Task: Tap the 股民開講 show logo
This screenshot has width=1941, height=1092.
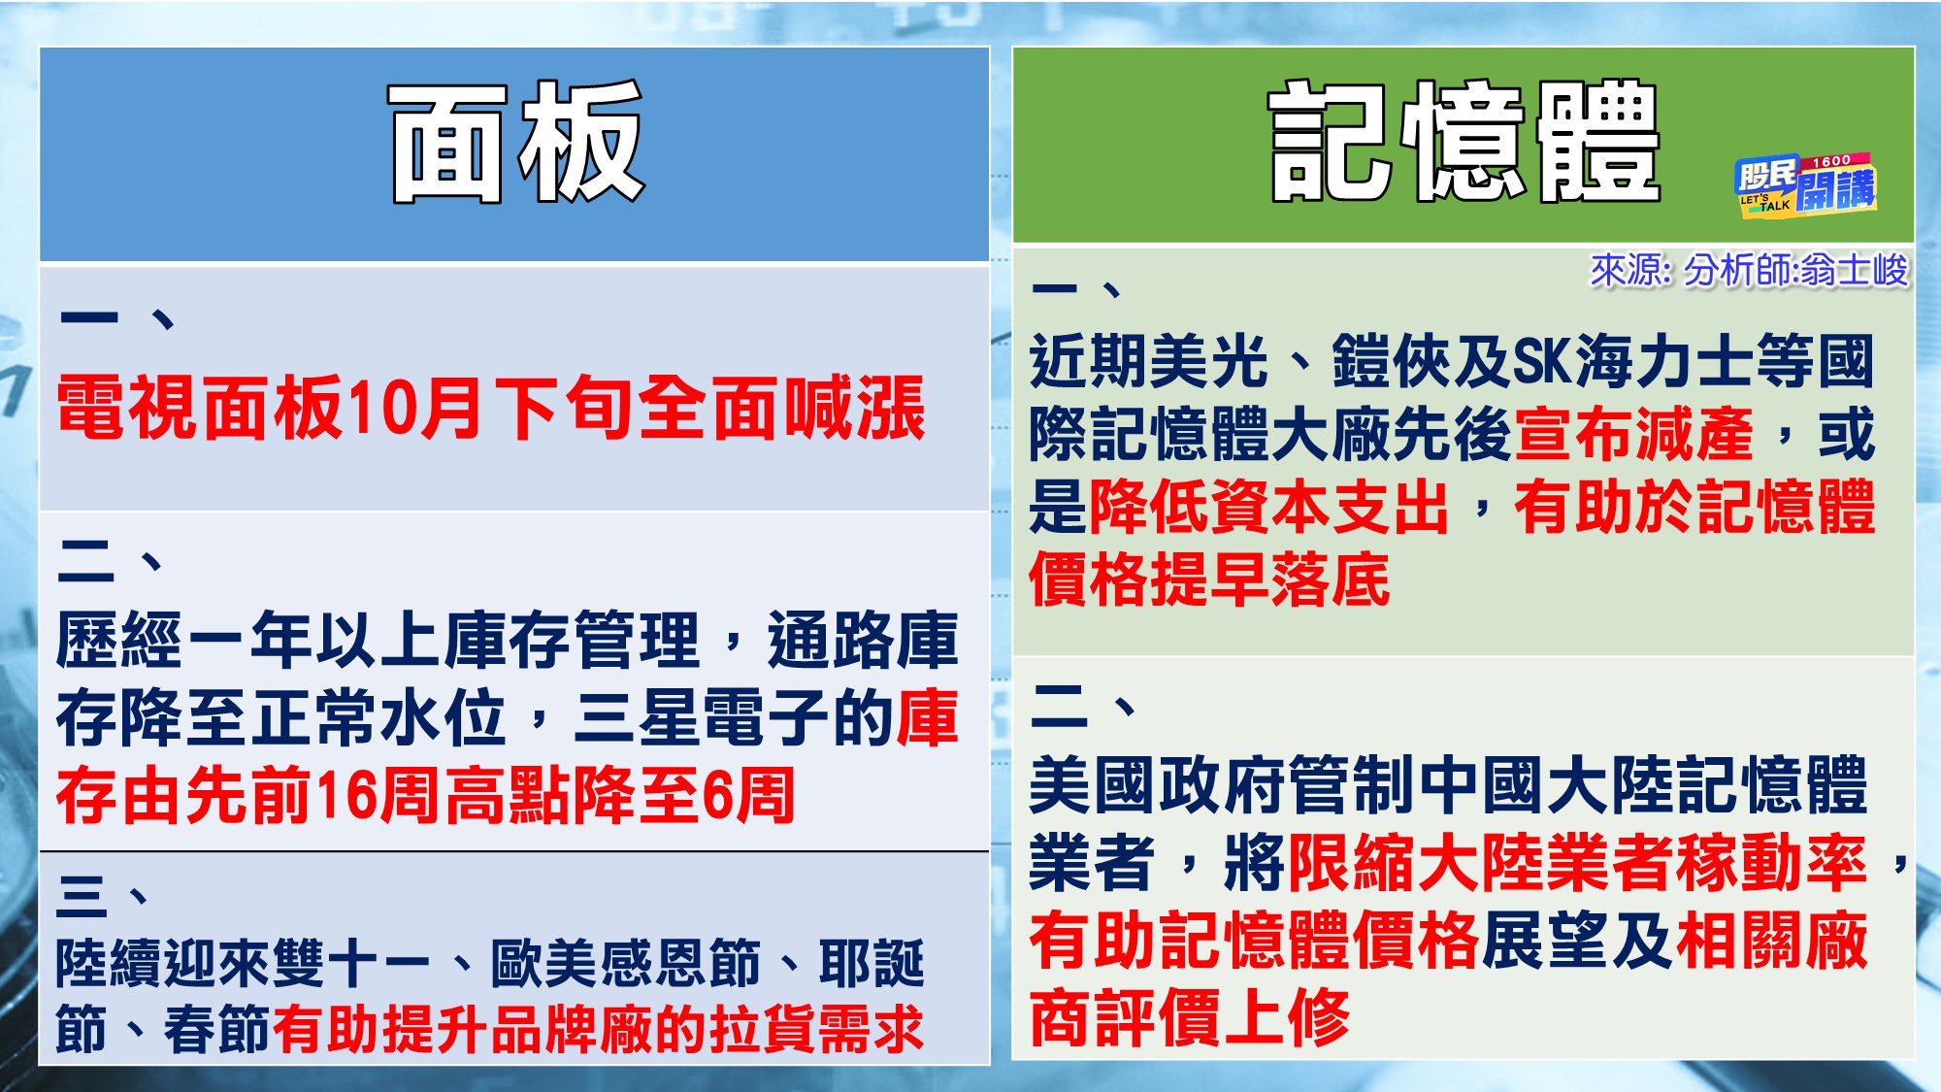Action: (x=1805, y=185)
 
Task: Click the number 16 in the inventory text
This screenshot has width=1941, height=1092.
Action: (x=345, y=796)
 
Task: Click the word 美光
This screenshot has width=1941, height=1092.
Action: (x=1208, y=361)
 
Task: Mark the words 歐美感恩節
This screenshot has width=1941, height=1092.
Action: (x=625, y=964)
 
